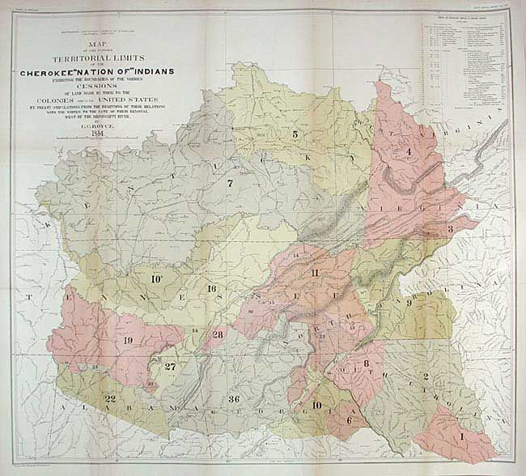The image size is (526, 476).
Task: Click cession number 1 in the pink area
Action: click(x=462, y=436)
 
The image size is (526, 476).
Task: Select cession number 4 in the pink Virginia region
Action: click(x=408, y=151)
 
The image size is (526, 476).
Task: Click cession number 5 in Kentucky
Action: click(x=295, y=134)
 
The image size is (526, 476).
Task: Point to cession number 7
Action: click(x=230, y=184)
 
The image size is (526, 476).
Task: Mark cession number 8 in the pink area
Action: click(x=367, y=363)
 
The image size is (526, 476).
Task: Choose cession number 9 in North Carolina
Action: click(x=397, y=304)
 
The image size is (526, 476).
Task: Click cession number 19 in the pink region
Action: click(x=128, y=340)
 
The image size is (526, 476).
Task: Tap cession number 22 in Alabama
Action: click(x=109, y=400)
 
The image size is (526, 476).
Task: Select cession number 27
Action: click(x=170, y=366)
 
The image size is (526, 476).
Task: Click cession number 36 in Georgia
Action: click(x=234, y=399)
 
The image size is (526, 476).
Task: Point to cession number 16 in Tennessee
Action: click(x=212, y=289)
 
